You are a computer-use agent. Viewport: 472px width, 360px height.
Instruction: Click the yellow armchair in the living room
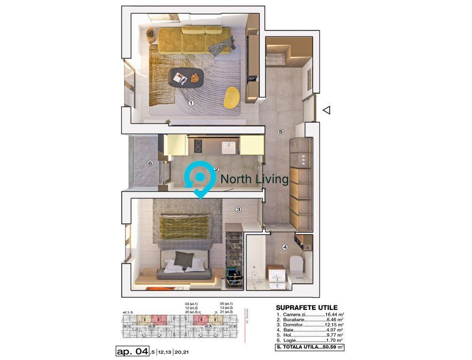[231, 98]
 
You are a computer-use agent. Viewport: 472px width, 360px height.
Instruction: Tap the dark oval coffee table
[186, 78]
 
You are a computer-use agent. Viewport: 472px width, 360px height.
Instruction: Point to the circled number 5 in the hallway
[281, 131]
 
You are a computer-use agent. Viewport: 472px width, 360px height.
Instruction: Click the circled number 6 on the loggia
[150, 163]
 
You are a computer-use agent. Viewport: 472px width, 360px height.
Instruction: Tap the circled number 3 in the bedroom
[238, 210]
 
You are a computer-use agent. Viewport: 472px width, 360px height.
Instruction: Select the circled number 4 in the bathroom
[285, 247]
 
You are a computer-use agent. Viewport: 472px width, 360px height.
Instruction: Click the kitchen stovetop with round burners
[197, 145]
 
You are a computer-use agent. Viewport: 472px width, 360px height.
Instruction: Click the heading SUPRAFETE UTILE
[306, 308]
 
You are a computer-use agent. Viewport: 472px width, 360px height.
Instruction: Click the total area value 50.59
[332, 347]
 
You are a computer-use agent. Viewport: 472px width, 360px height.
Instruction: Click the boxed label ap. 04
[132, 351]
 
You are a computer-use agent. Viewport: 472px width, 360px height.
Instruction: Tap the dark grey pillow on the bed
[183, 259]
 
